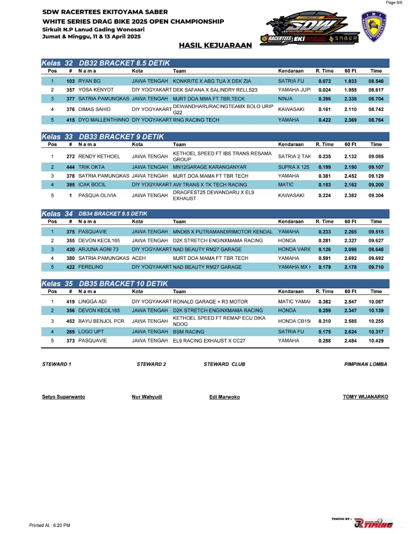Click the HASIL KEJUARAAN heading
pyautogui.click(x=215, y=45)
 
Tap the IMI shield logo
pyautogui.click(x=373, y=27)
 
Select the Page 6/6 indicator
pyautogui.click(x=394, y=3)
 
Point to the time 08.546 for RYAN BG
pyautogui.click(x=376, y=81)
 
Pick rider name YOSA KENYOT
pyautogui.click(x=96, y=90)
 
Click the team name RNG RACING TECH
pyautogui.click(x=196, y=120)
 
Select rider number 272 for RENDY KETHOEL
pyautogui.click(x=71, y=156)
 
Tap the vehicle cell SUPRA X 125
pyautogui.click(x=294, y=167)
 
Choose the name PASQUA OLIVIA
pyautogui.click(x=97, y=195)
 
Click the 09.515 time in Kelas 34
pyautogui.click(x=376, y=232)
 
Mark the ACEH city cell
pyautogui.click(x=139, y=258)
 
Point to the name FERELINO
pyautogui.click(x=91, y=267)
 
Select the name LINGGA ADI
pyautogui.click(x=92, y=302)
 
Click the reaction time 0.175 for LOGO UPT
pyautogui.click(x=324, y=332)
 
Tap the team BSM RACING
pyautogui.click(x=188, y=332)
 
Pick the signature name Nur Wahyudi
pyautogui.click(x=147, y=397)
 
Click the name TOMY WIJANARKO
pyautogui.click(x=365, y=397)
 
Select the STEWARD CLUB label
pyautogui.click(x=224, y=364)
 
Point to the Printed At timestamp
pyautogui.click(x=50, y=525)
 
